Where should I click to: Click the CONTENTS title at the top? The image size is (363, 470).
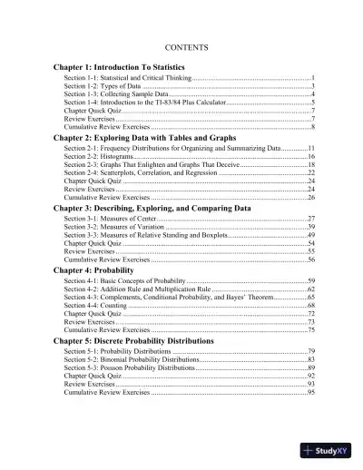pyautogui.click(x=181, y=45)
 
